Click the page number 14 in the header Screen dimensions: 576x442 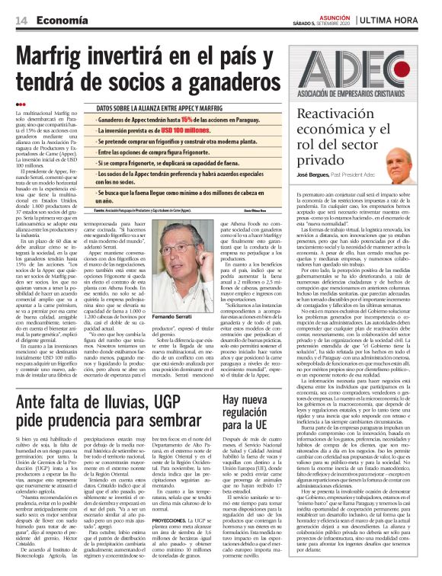pos(20,19)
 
